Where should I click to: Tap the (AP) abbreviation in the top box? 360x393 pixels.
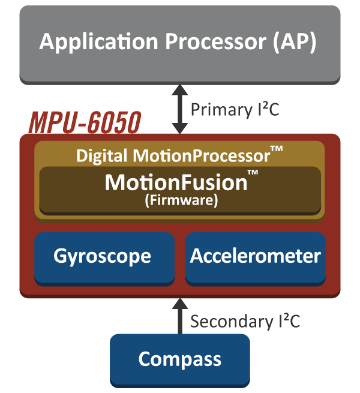(293, 43)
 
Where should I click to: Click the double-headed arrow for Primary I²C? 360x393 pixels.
(180, 109)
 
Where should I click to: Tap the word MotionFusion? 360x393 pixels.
(176, 182)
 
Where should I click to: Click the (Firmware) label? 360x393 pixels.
(180, 201)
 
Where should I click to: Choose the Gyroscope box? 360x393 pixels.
(103, 257)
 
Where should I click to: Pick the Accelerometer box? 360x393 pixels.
(256, 257)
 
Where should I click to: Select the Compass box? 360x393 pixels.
(180, 359)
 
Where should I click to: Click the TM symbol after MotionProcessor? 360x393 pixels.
(277, 150)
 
